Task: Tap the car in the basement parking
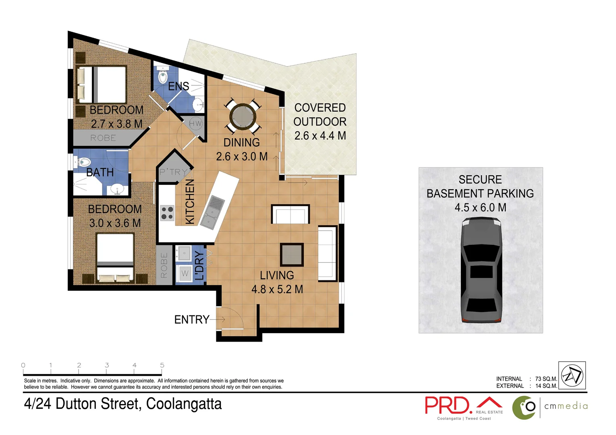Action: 481,270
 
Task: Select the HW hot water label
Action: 195,124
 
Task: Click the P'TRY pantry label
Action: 173,172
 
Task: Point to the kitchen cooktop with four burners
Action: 167,213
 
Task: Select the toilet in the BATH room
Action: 84,162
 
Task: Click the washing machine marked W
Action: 185,273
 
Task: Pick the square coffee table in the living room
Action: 292,255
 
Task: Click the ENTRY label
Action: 191,320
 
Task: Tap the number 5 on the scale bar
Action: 162,365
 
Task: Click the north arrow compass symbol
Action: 572,375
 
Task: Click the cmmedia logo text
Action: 566,406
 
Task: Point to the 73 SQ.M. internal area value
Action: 546,379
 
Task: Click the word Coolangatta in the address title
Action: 184,404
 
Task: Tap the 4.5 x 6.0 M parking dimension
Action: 480,208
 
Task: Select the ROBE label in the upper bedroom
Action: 103,138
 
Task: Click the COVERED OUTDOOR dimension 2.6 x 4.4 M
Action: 320,136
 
